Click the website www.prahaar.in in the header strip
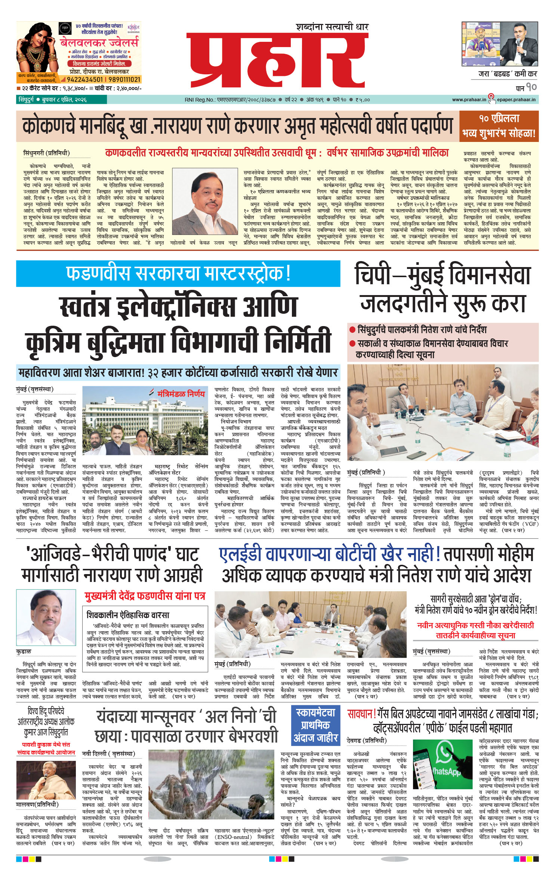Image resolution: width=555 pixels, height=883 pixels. (x=469, y=100)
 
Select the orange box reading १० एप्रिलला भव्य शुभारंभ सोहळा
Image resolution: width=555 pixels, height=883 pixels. (x=499, y=126)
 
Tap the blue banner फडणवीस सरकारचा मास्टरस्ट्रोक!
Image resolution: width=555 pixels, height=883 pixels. (x=178, y=273)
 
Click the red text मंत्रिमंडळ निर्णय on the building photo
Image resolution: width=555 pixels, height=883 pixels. (x=181, y=394)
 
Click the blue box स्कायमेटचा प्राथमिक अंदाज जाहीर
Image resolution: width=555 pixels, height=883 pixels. (x=316, y=725)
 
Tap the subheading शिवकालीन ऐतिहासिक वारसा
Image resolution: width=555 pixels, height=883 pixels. (x=128, y=614)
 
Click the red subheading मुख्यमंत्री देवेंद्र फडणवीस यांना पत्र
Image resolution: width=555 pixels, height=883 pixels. (x=145, y=596)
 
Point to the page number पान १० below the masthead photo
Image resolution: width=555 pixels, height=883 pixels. (x=526, y=88)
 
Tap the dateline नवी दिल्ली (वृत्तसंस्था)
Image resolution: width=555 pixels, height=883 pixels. (x=108, y=753)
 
